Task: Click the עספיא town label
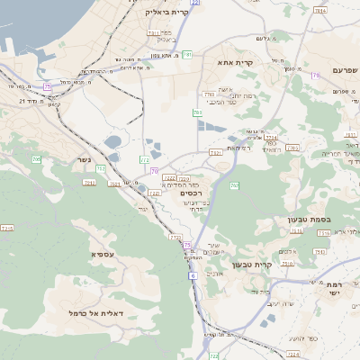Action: tap(102, 254)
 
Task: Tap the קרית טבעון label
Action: tap(250, 265)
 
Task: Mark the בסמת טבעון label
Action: tap(334, 218)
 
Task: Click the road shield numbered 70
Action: tap(155, 170)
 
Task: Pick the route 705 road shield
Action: tap(37, 159)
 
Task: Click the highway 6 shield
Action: tap(192, 275)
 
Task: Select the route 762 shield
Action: tap(234, 185)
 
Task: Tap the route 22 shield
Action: tap(194, 3)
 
